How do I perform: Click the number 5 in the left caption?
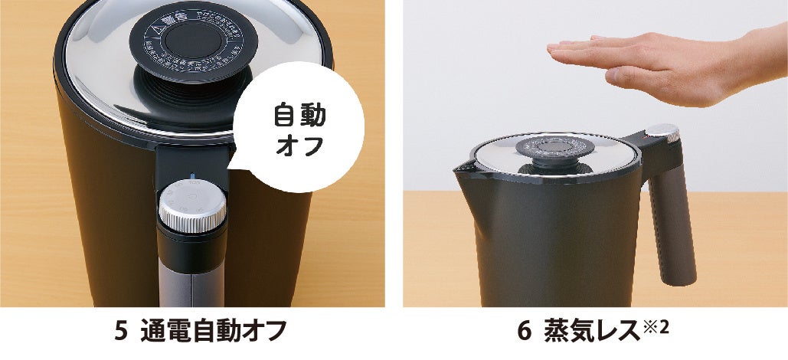(119, 332)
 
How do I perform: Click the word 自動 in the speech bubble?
(299, 116)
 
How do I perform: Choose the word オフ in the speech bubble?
(299, 146)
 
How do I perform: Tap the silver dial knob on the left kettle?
(192, 205)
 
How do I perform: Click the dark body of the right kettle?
(551, 237)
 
